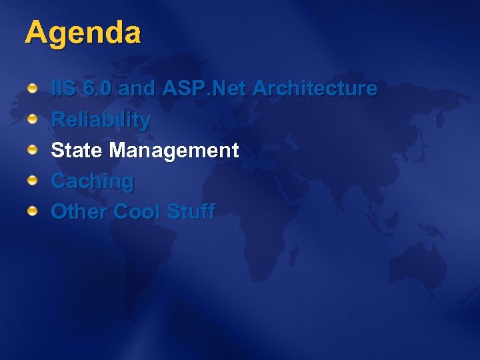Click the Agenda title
coord(83,33)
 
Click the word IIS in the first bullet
coord(63,89)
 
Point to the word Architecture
coord(315,89)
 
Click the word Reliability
coord(101,121)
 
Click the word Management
coord(174,151)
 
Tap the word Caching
coord(92,181)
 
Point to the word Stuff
coord(191,212)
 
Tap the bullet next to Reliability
coord(32,120)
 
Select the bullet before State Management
coord(32,151)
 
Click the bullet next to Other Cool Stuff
coord(32,212)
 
